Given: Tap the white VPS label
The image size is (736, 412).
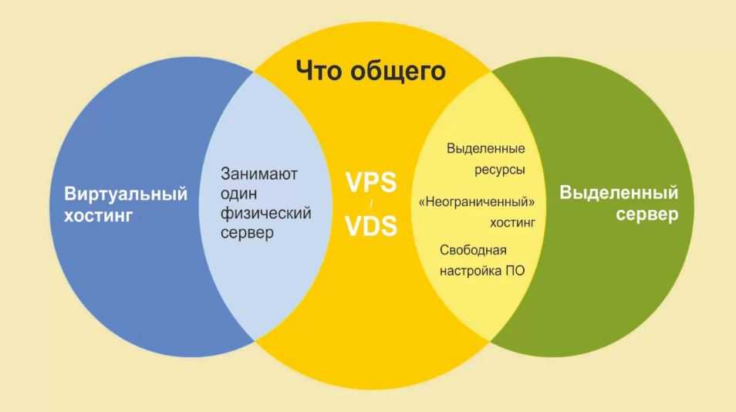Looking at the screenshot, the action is click(371, 182).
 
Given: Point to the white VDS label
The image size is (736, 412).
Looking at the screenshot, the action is click(371, 225).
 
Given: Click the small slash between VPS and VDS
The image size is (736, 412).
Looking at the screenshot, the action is click(371, 204).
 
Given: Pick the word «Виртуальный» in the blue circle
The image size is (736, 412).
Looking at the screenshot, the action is click(126, 194).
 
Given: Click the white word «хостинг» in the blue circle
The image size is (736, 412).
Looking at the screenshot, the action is click(99, 215).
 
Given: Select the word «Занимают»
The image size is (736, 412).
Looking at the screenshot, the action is click(259, 174).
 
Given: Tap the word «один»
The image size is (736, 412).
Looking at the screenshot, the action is click(238, 194).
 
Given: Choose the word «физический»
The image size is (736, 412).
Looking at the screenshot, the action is click(265, 214).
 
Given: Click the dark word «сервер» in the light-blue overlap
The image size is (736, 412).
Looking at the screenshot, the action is click(247, 233).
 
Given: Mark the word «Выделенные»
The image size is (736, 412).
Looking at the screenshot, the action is click(486, 149).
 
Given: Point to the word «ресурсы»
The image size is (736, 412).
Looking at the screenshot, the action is click(499, 170).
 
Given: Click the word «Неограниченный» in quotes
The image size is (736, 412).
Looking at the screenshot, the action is click(477, 202).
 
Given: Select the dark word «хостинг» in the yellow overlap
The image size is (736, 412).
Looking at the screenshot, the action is click(512, 222).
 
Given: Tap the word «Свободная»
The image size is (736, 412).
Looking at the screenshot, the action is click(473, 250).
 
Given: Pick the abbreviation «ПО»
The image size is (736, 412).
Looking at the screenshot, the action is click(515, 271).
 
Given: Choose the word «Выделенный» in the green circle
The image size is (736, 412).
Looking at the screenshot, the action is click(620, 193).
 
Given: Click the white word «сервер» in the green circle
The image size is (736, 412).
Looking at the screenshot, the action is click(647, 215).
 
